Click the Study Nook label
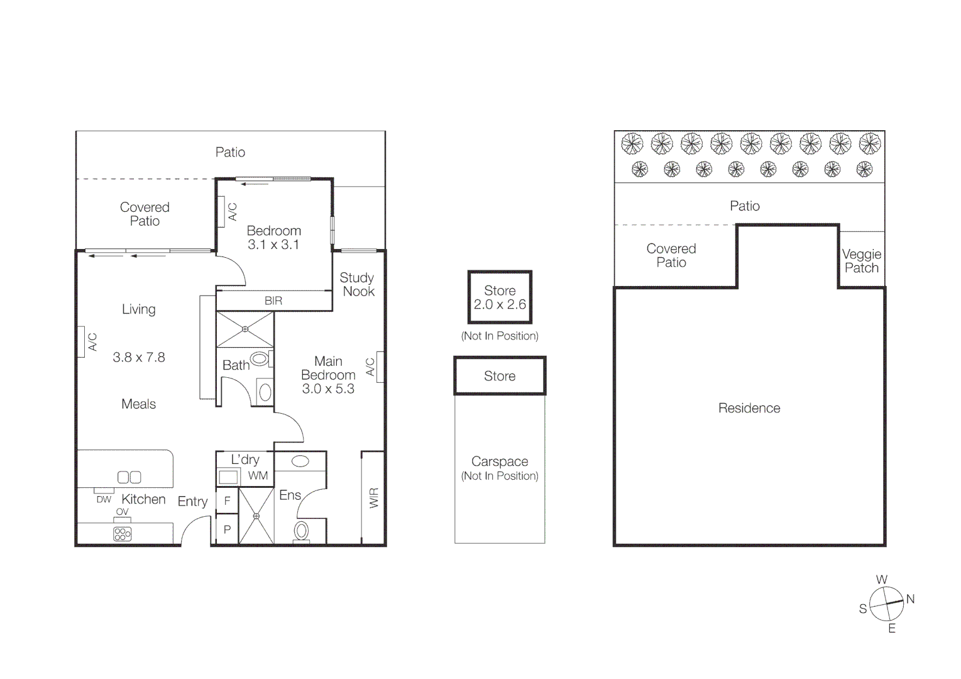tap(357, 285)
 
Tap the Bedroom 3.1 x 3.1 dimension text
tap(273, 245)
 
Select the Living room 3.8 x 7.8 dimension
tap(139, 358)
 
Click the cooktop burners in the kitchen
tap(123, 534)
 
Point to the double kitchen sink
tap(129, 477)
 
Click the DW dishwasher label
tap(104, 500)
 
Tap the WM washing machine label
tap(258, 476)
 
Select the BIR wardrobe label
tap(273, 301)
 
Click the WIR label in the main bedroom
tap(374, 498)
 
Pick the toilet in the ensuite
tap(302, 531)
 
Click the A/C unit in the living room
tap(81, 342)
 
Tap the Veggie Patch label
tap(862, 261)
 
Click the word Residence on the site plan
tap(749, 409)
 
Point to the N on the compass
tap(910, 599)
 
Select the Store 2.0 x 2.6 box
tap(500, 297)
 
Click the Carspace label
tap(500, 461)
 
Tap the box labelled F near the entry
tap(227, 501)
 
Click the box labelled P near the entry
tap(227, 529)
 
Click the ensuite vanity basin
tap(300, 461)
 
